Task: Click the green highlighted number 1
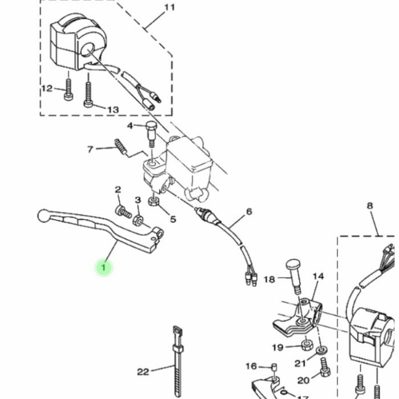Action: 104,267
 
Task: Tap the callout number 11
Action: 170,7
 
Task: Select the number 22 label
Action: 143,372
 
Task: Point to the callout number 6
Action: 249,211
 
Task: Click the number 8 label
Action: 370,205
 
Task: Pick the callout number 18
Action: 269,279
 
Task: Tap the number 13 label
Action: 113,110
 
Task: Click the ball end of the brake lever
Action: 43,215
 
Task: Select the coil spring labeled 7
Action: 120,147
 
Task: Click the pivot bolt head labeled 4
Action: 151,125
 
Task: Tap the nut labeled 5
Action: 154,201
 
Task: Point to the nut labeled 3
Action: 138,219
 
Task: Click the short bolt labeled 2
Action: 123,211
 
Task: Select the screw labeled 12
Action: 68,89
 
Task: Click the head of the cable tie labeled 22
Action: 178,331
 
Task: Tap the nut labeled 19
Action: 307,345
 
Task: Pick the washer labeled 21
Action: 322,351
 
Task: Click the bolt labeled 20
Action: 325,367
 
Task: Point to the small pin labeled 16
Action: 274,367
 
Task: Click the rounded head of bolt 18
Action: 293,265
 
